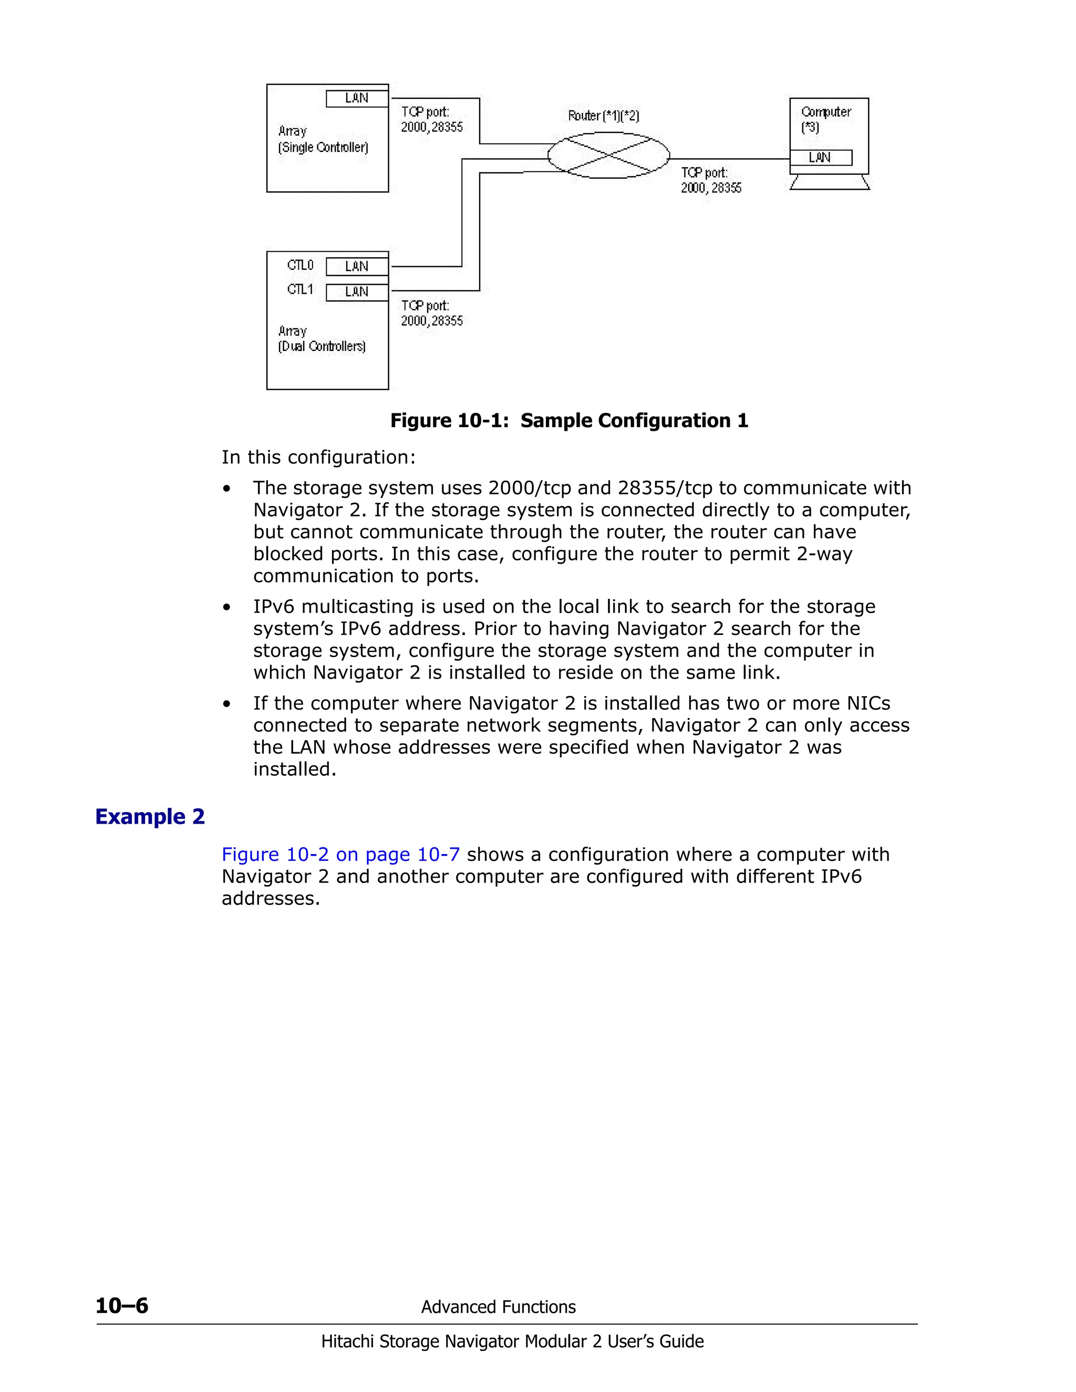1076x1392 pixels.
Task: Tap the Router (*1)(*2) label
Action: [603, 116]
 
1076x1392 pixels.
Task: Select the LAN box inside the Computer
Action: [820, 158]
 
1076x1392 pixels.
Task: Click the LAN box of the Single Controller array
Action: [357, 98]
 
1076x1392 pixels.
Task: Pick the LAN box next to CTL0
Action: [357, 266]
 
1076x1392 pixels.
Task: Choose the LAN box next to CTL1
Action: [357, 292]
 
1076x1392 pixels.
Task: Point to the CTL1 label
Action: [300, 289]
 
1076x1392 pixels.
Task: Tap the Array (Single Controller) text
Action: [323, 140]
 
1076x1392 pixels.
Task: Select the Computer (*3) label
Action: [825, 119]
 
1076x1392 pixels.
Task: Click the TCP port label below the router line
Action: [711, 180]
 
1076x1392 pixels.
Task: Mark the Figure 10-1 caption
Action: [568, 421]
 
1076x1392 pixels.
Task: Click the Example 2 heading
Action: [150, 816]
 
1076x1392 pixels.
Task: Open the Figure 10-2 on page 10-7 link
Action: [340, 854]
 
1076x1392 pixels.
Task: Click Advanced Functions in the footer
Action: [498, 1307]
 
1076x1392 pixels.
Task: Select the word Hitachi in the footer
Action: [347, 1342]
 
